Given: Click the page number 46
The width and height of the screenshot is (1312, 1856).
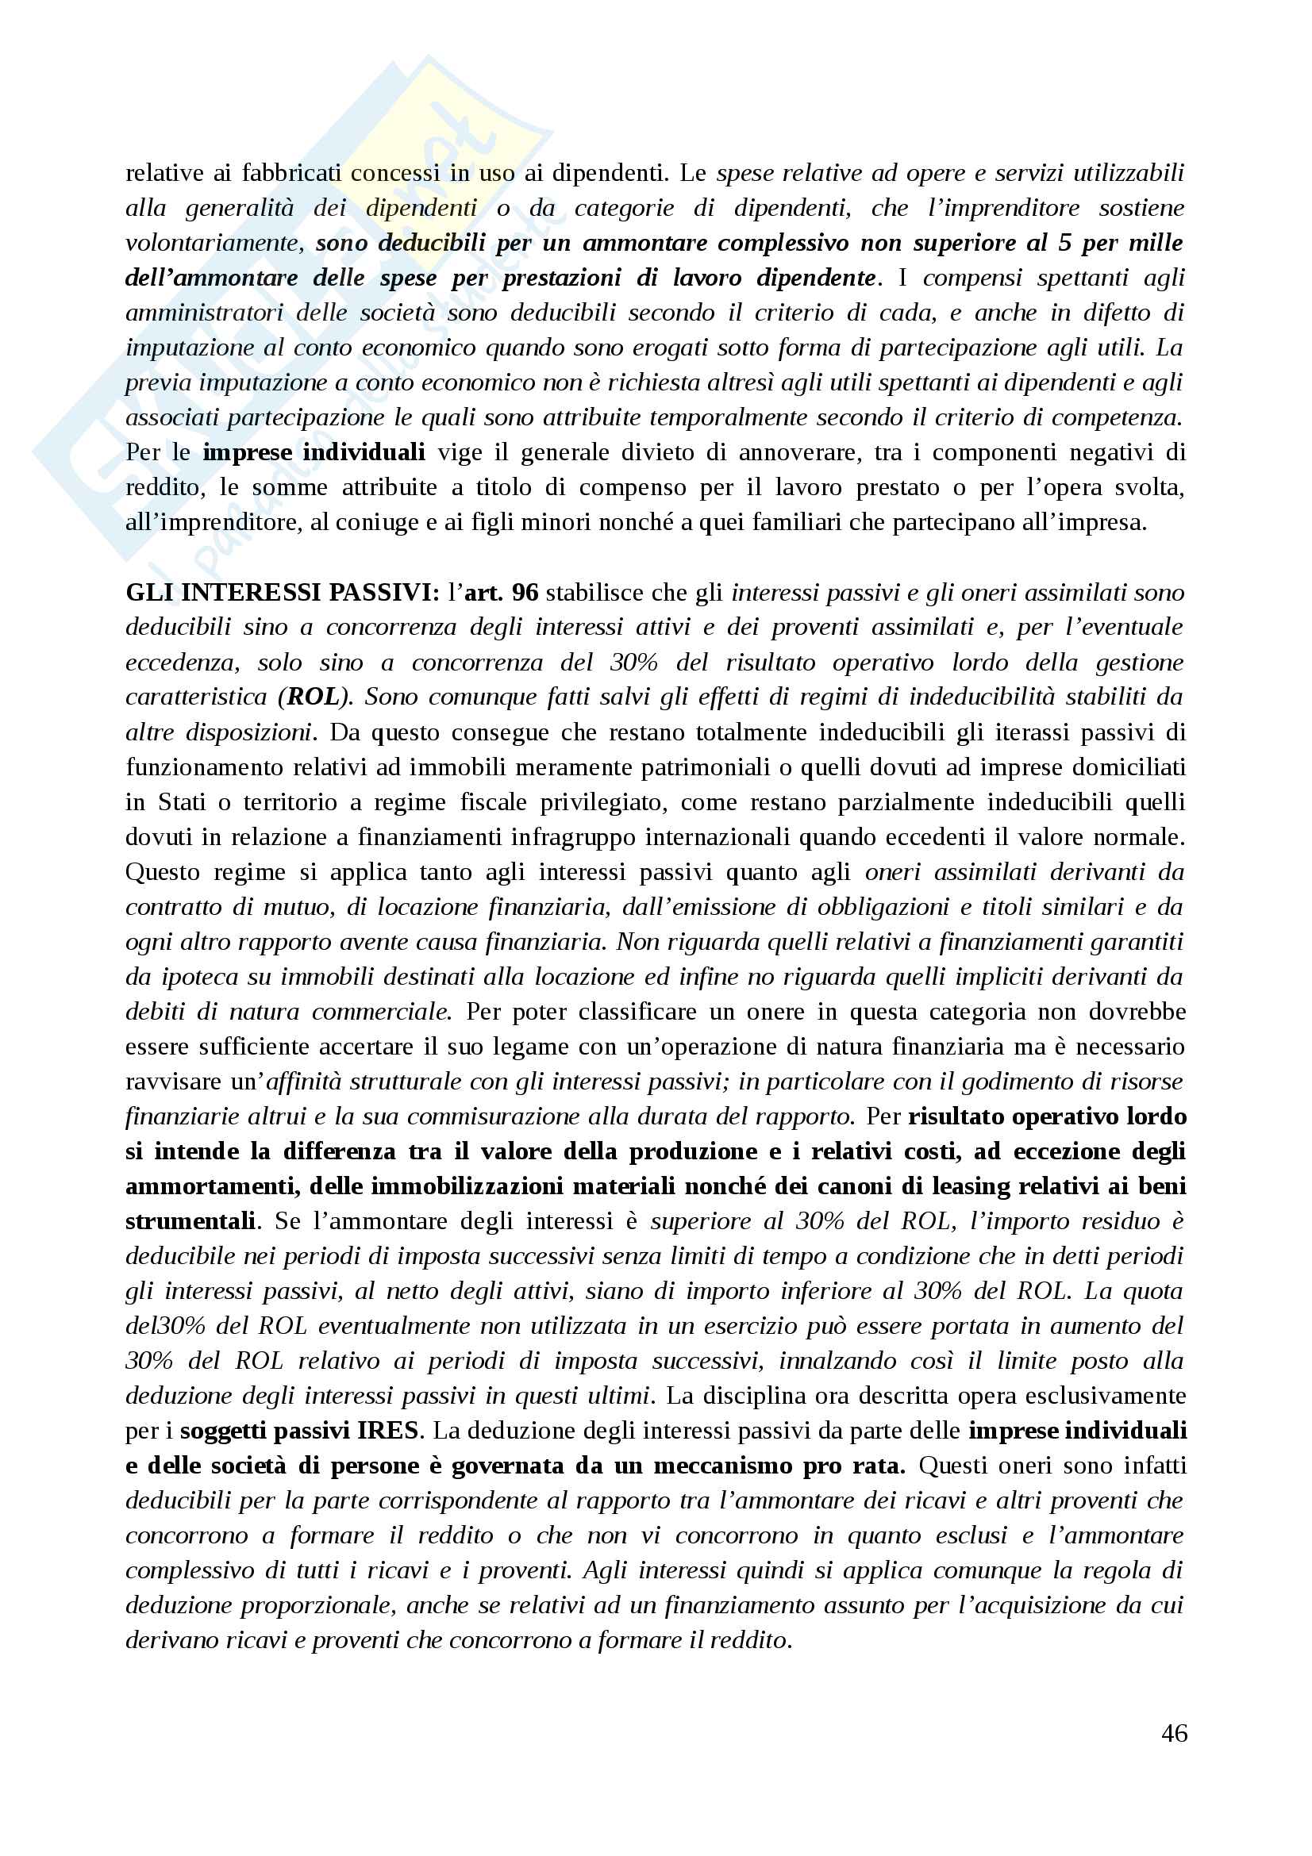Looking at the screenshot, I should pos(1174,1733).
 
